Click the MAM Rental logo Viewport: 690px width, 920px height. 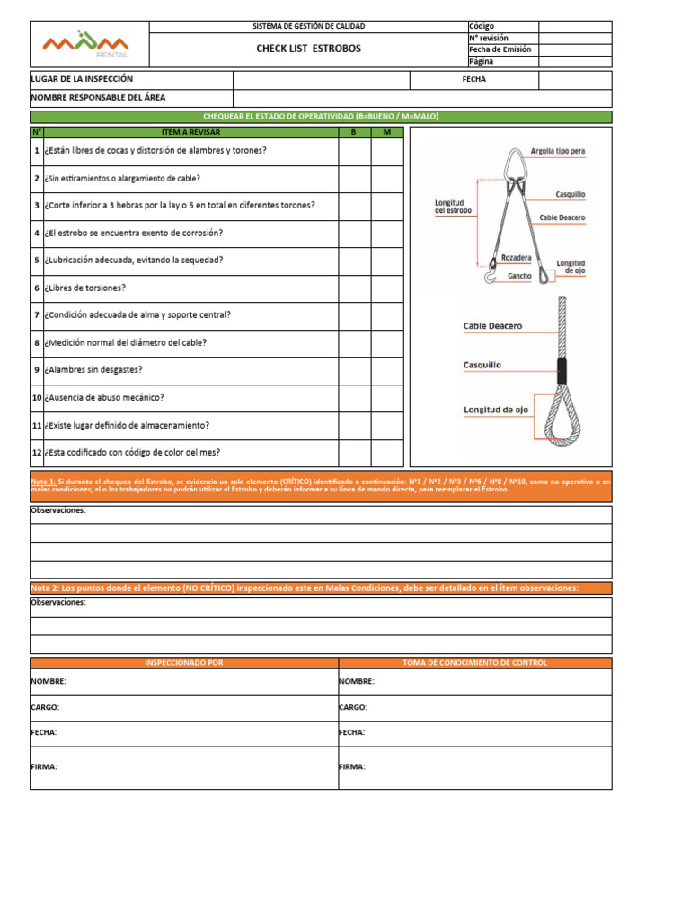(87, 43)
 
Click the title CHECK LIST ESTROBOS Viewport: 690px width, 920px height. (308, 49)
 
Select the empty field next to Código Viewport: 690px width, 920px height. (575, 26)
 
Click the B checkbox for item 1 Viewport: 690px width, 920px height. (354, 151)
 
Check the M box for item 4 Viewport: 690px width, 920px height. (387, 233)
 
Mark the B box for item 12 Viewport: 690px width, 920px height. (354, 452)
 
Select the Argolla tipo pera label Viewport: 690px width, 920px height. (557, 151)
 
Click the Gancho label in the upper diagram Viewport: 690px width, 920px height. (519, 276)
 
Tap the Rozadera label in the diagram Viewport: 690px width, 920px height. (516, 256)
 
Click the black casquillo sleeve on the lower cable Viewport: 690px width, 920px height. (562, 369)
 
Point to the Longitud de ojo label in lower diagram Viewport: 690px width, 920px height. (495, 410)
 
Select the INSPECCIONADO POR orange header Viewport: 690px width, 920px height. (184, 662)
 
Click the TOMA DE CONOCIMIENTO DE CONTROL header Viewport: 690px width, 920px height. (475, 662)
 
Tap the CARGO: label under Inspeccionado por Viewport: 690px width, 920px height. (45, 707)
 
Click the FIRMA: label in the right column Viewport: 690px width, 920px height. (352, 766)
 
